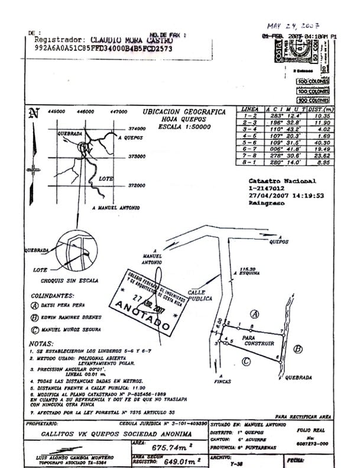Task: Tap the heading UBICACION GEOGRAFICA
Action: pyautogui.click(x=184, y=111)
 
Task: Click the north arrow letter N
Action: pyautogui.click(x=34, y=113)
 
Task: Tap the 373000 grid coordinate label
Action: pyautogui.click(x=137, y=157)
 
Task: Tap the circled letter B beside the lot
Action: pyautogui.click(x=299, y=348)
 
